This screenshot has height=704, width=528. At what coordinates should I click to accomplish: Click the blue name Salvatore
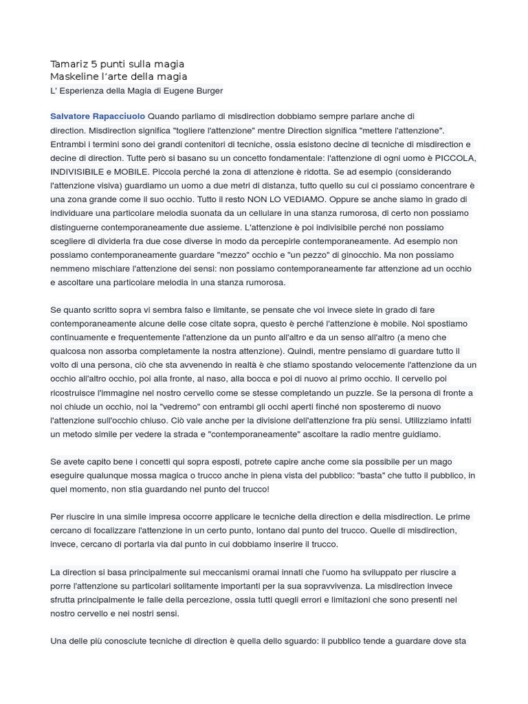(x=72, y=117)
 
